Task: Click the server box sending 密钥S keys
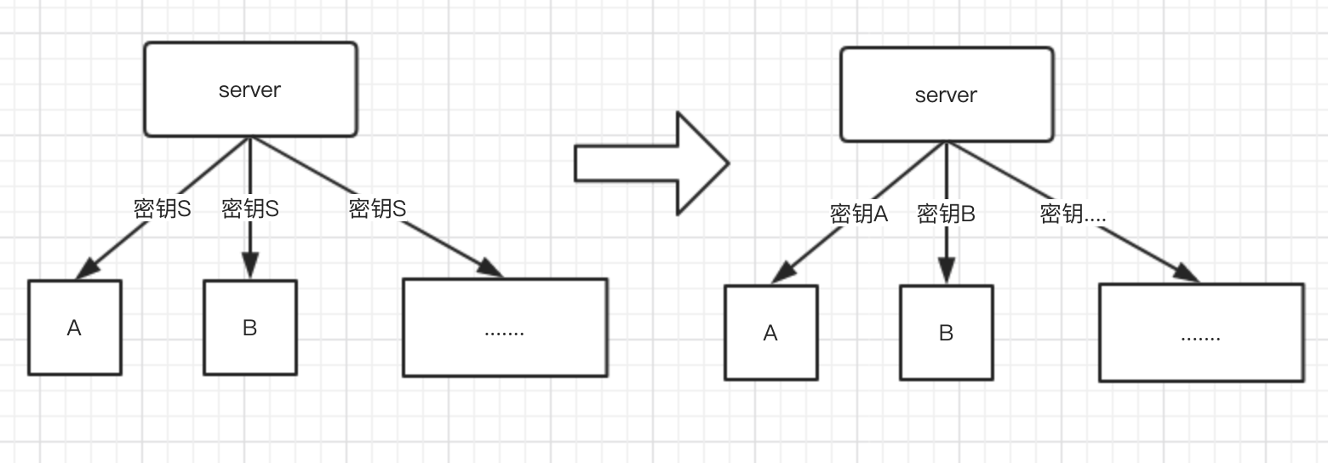point(250,89)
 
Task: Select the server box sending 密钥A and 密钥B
point(947,94)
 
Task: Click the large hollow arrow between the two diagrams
point(651,163)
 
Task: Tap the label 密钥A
point(859,214)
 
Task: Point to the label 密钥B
point(946,214)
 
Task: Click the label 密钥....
point(1073,214)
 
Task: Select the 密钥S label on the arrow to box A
point(163,209)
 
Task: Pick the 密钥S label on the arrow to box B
point(250,209)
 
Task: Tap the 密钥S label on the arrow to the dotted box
point(377,209)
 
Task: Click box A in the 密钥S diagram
point(75,328)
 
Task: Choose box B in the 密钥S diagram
point(250,328)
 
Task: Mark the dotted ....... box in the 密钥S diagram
point(505,328)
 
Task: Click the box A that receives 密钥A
point(771,333)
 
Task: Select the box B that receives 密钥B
point(947,333)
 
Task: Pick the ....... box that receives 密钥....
point(1201,333)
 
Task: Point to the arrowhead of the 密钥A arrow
point(781,274)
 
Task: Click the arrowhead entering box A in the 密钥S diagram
point(85,269)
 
